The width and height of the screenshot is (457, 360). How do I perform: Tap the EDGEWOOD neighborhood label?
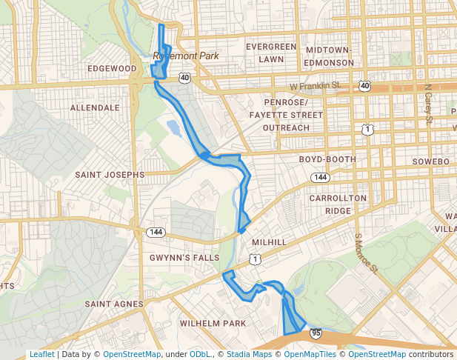pos(112,68)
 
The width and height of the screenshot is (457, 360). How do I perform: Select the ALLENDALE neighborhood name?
pos(95,107)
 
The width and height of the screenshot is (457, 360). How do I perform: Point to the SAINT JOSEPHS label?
pos(110,175)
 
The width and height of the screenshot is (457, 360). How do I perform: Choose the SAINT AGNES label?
pos(113,304)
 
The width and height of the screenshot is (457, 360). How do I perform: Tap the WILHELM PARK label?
pos(213,324)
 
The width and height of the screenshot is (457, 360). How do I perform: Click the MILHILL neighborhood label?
pos(269,242)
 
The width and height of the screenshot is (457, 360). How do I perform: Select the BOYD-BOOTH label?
pos(327,159)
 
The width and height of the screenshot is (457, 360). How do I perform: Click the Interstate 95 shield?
pos(316,334)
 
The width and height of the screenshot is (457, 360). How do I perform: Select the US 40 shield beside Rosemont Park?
pos(184,77)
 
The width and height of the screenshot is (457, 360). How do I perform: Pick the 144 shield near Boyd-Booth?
pos(320,178)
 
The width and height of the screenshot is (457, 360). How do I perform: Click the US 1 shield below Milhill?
pos(256,259)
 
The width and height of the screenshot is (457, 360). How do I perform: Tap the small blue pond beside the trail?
pos(174,129)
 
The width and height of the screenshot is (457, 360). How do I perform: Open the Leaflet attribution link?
pos(41,354)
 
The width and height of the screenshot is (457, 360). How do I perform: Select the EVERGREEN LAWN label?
pos(271,53)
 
